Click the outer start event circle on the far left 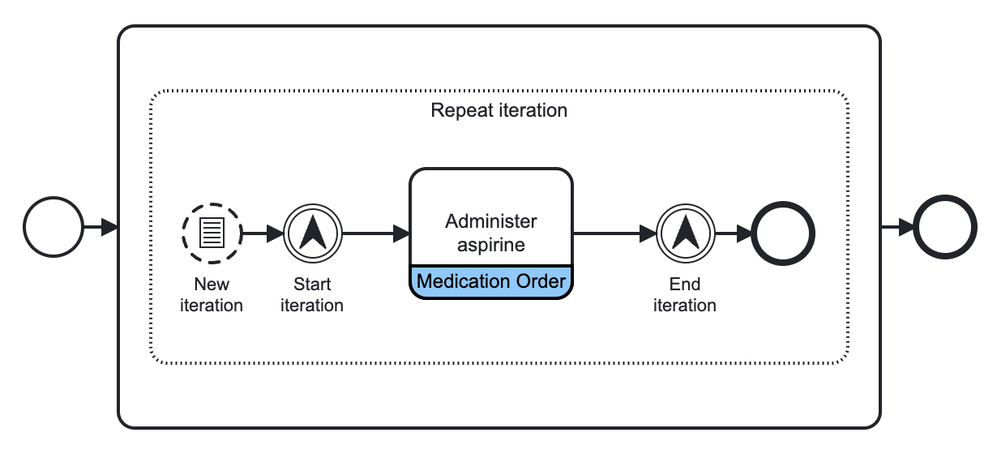coord(53,228)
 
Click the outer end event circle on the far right coord(944,228)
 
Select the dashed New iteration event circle coord(212,233)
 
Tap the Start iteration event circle coord(313,233)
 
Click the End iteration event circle coord(685,233)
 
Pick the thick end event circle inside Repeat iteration coord(783,233)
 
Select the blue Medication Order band coord(491,282)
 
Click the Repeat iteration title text coord(498,110)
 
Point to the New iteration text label coord(212,295)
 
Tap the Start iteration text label coord(312,295)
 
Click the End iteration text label coord(685,295)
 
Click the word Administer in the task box coord(491,221)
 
